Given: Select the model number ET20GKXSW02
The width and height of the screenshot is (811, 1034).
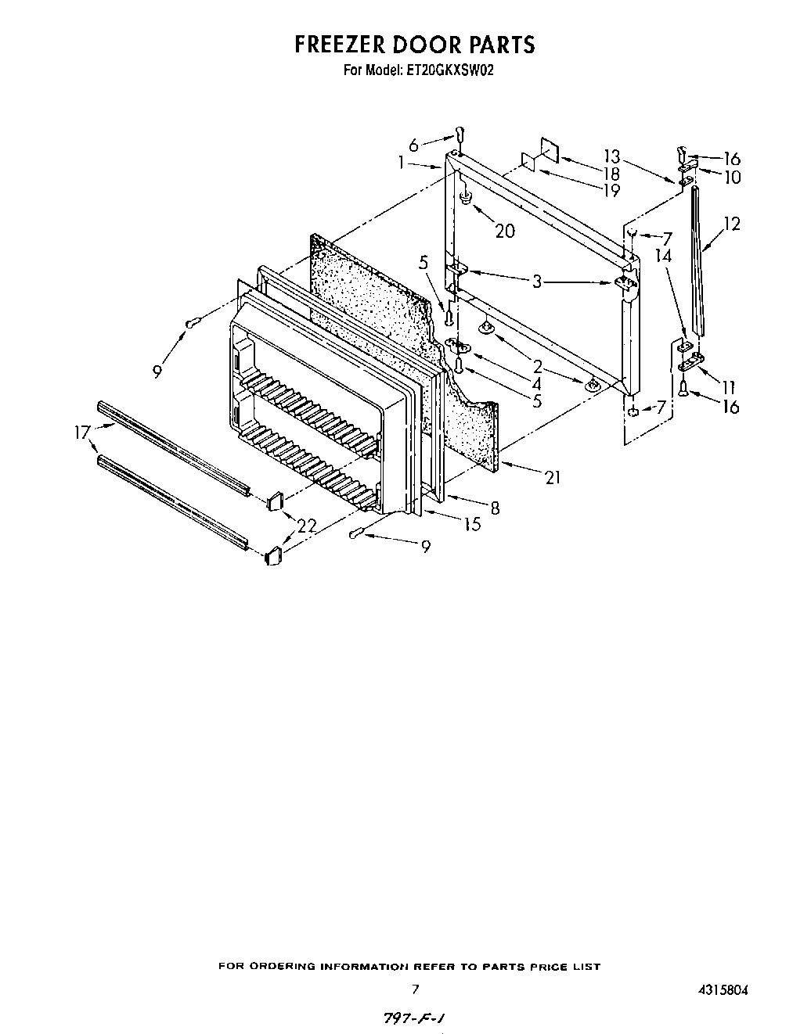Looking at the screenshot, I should [x=449, y=70].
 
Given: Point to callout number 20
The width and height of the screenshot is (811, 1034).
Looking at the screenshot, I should [x=505, y=231].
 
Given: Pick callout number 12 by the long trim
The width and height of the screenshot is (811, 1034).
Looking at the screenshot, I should [x=732, y=224].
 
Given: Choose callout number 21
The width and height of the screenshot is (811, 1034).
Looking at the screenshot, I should [x=553, y=476].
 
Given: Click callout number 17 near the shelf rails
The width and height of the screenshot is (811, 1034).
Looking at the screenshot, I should [x=82, y=432].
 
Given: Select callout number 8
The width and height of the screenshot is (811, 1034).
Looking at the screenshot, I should [x=495, y=508].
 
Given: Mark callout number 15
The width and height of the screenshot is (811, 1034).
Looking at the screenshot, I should [x=472, y=524].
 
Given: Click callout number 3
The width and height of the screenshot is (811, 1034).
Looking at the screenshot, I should [x=536, y=281].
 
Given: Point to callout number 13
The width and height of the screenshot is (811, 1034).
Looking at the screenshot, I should [x=611, y=155].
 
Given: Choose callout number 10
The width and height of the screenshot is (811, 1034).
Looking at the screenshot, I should [x=732, y=178].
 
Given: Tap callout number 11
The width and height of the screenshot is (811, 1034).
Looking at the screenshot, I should [x=728, y=386].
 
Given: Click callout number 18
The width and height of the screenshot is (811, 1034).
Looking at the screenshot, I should [x=611, y=174].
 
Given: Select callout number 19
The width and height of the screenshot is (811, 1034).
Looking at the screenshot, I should [x=611, y=190].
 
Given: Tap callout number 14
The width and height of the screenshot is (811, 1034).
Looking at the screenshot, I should [x=664, y=255].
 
